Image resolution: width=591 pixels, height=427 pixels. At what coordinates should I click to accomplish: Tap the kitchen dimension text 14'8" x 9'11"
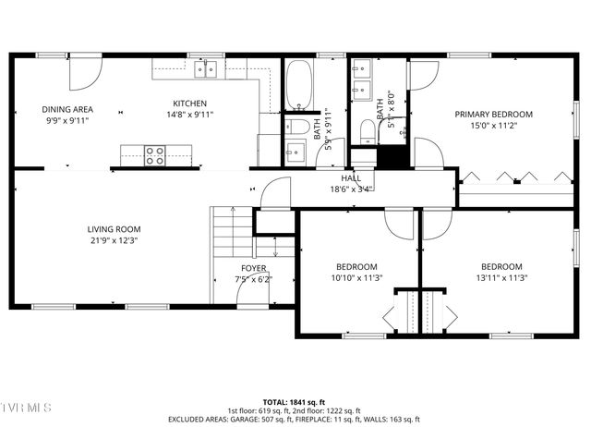coord(190,116)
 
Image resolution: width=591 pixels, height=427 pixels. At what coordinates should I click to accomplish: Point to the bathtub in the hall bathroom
coord(299,86)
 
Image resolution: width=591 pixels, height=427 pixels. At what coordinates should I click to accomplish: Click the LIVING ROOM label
coord(114,229)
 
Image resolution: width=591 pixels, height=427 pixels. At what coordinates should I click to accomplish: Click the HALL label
coord(351,177)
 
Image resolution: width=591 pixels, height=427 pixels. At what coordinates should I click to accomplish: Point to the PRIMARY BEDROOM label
coord(493,115)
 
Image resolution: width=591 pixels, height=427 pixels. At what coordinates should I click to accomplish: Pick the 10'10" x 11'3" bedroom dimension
coord(356,277)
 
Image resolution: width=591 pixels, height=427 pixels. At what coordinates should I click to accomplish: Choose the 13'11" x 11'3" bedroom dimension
coord(501,277)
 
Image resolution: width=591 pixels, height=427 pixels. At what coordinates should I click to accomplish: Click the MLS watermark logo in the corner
coord(26,408)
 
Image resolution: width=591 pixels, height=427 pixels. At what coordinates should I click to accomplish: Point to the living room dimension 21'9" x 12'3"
coord(114,240)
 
